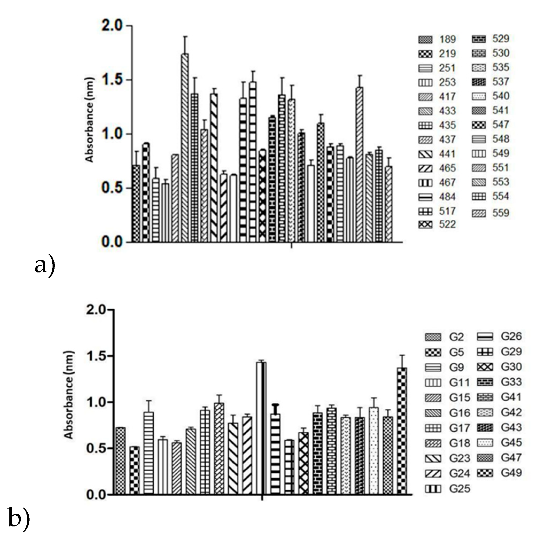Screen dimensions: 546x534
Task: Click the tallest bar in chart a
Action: (x=185, y=148)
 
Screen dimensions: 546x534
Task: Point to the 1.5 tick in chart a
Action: (x=114, y=80)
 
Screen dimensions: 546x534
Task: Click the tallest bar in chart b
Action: (x=261, y=429)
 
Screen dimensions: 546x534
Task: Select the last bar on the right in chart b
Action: (x=402, y=431)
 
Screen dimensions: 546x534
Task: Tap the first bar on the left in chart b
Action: (x=121, y=461)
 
